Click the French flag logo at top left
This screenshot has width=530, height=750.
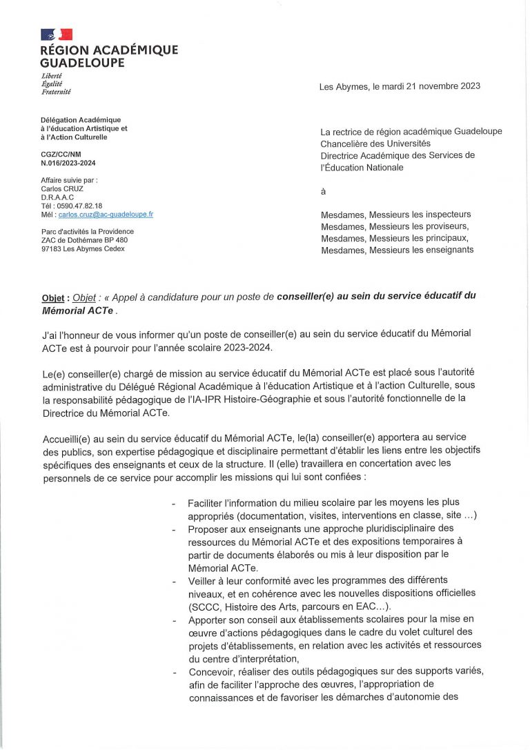(x=57, y=34)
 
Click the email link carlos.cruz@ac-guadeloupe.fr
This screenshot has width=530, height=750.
(x=106, y=215)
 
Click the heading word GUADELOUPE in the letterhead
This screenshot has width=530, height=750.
(x=83, y=63)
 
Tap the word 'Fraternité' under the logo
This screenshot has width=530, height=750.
(x=56, y=92)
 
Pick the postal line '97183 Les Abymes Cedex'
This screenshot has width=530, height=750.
(x=83, y=249)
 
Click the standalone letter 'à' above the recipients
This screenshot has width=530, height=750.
(x=323, y=191)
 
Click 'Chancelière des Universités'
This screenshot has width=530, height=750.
(x=377, y=144)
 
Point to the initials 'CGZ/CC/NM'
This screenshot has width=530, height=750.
(x=61, y=155)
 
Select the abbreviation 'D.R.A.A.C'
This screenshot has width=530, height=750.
(x=57, y=197)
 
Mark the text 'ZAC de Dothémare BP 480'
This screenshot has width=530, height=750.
(x=84, y=240)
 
